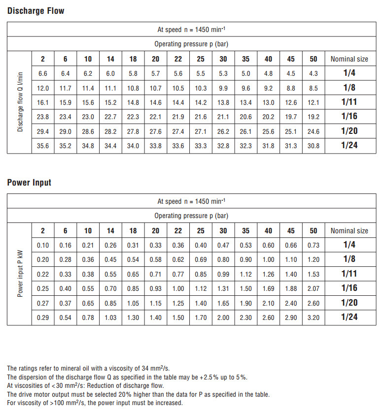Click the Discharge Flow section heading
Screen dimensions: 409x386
coord(35,10)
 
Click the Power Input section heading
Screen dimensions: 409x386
coord(29,182)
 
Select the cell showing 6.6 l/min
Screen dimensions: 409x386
coord(43,74)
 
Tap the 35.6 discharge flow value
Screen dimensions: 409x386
coord(43,146)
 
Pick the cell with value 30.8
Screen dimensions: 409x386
coord(314,146)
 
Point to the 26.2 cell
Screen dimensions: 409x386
coord(223,131)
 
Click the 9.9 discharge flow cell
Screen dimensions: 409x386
coord(223,89)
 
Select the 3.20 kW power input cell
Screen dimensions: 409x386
coord(314,317)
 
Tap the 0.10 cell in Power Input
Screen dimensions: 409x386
coord(43,246)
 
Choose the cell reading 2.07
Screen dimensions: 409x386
coord(314,288)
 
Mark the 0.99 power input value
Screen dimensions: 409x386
coord(223,274)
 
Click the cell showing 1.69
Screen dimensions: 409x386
coord(268,288)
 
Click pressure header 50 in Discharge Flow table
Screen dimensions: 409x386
coord(314,59)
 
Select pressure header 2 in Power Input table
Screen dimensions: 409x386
coord(43,231)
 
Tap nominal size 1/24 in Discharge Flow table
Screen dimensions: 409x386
coord(349,145)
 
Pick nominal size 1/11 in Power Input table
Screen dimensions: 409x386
coord(349,274)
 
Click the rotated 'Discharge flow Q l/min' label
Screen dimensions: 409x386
coord(20,102)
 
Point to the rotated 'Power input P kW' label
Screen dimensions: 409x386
coord(20,274)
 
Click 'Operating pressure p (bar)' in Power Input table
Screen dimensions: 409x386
coord(191,216)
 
